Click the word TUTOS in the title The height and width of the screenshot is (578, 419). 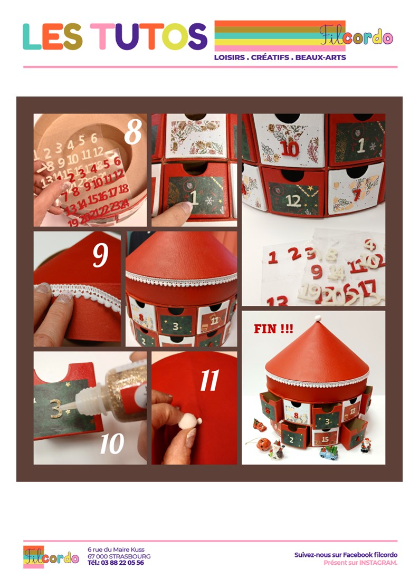(149, 36)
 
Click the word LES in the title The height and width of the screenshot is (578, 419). (52, 36)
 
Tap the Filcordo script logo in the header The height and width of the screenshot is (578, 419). (356, 36)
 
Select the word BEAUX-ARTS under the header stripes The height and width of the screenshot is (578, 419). (320, 57)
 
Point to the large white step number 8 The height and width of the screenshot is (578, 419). (133, 132)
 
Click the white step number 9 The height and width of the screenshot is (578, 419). (100, 254)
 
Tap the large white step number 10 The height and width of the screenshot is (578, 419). (112, 444)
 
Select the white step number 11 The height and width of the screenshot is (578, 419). (209, 380)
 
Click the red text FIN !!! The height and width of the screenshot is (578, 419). (273, 329)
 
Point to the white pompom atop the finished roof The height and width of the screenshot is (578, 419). (318, 318)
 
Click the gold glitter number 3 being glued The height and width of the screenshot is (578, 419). (56, 408)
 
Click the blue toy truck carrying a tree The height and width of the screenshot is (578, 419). (329, 452)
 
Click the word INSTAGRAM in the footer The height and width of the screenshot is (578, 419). (378, 563)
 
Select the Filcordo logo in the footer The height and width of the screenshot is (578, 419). (51, 556)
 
